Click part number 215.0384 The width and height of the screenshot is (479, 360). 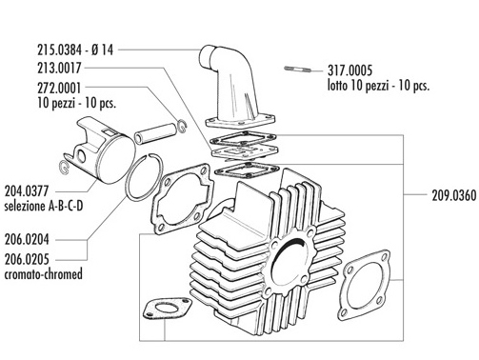point(59,50)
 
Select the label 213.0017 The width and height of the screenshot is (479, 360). point(59,68)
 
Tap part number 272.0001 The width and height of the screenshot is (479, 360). point(59,88)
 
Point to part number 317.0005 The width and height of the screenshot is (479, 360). point(349,70)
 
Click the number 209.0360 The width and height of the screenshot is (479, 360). point(454,195)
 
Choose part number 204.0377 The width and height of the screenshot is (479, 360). point(27,191)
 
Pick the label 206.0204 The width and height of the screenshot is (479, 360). point(27,239)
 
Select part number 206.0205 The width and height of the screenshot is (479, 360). point(27,259)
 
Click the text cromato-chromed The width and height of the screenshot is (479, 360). point(44,274)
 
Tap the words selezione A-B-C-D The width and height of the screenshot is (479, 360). point(44,206)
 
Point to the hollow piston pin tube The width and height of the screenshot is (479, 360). point(155,133)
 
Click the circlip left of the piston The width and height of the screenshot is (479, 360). point(64,167)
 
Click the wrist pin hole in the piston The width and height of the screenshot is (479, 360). point(82,156)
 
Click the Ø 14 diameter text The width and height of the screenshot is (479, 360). point(102,50)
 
